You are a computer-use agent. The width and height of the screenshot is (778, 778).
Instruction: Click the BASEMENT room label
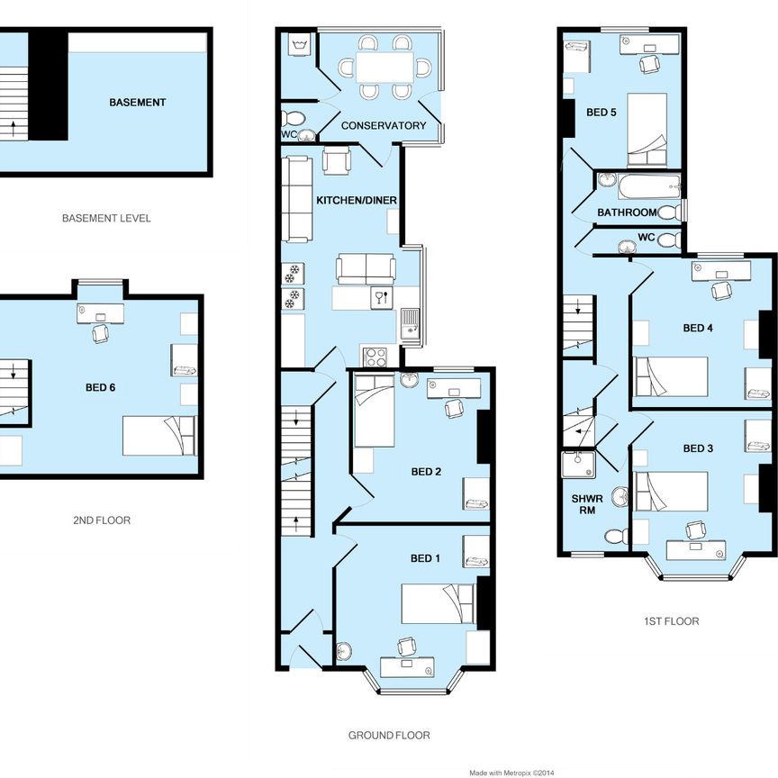[x=137, y=103]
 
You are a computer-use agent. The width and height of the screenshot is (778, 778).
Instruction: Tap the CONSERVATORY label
[x=384, y=126]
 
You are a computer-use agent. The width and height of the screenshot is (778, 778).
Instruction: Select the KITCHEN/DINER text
[x=357, y=200]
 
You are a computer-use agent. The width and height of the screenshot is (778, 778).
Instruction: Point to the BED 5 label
[x=602, y=113]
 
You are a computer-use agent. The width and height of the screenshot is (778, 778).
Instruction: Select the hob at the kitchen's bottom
[x=375, y=356]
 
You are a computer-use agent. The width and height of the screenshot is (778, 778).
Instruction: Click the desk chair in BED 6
[x=100, y=333]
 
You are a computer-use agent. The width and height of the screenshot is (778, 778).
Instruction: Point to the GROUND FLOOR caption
[x=389, y=736]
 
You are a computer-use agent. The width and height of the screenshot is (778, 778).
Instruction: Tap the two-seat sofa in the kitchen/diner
[x=365, y=269]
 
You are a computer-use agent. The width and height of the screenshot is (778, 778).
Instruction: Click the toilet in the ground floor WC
[x=293, y=118]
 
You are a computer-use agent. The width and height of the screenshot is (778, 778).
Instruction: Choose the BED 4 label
[x=698, y=329]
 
